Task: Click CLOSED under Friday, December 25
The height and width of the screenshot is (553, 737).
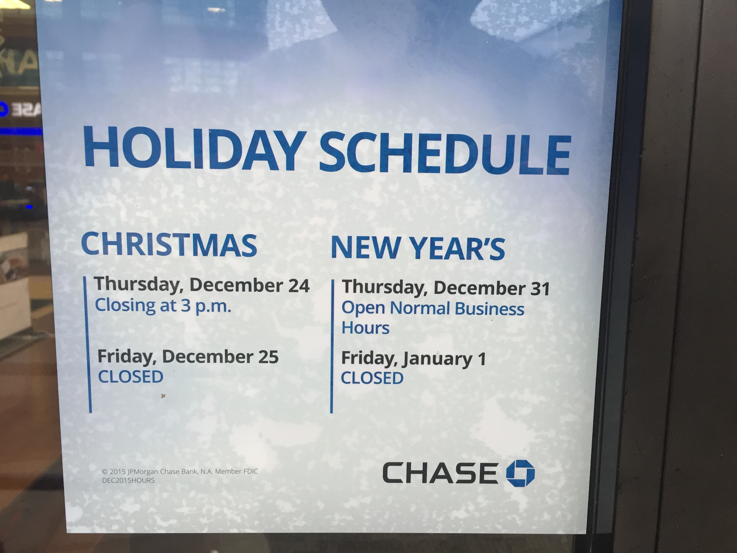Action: (x=131, y=377)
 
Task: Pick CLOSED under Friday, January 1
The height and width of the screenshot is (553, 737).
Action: (x=372, y=378)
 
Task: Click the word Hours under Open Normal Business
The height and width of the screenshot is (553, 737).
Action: (x=366, y=328)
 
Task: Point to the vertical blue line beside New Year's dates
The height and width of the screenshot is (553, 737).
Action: (x=332, y=347)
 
